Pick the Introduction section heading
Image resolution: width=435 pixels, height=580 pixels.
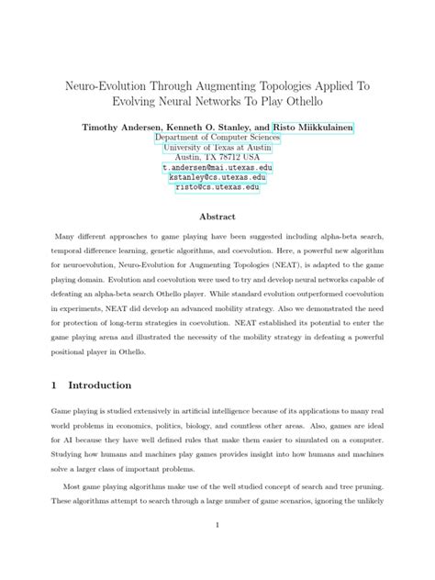pos(94,385)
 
